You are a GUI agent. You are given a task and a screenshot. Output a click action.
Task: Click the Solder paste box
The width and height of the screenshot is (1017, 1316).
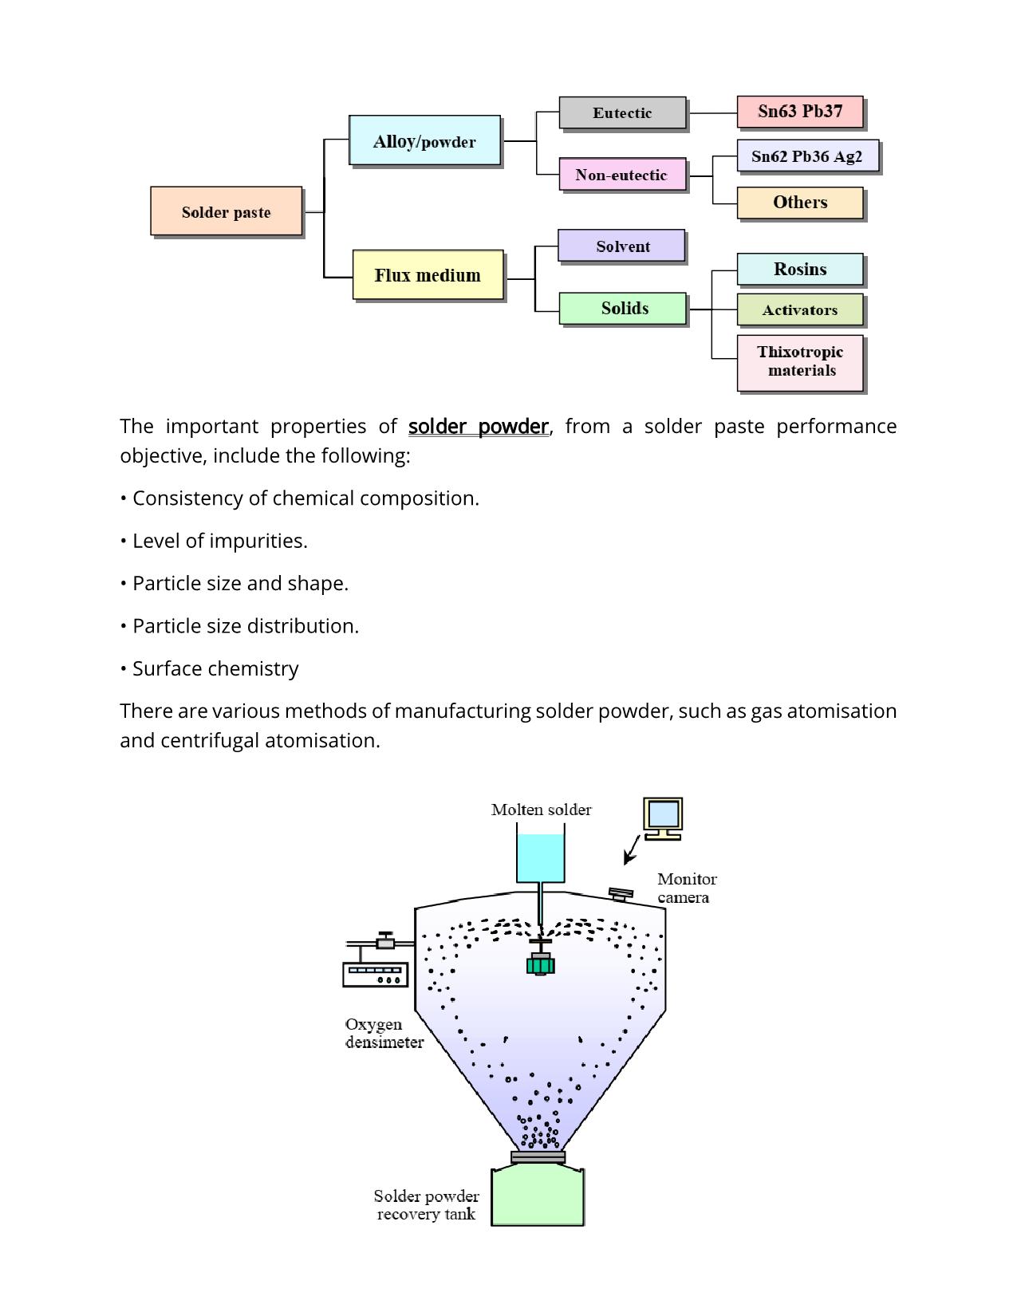tap(227, 211)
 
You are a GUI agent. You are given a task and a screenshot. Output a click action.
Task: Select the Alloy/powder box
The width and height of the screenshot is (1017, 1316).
tap(424, 140)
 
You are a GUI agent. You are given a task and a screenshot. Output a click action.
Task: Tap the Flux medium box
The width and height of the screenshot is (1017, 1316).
tap(428, 275)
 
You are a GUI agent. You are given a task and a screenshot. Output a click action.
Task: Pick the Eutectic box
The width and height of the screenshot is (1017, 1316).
tap(622, 112)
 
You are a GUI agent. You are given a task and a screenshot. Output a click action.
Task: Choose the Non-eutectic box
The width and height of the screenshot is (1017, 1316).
tap(622, 174)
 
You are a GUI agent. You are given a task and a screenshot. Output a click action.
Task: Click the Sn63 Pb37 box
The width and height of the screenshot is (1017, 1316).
tap(799, 112)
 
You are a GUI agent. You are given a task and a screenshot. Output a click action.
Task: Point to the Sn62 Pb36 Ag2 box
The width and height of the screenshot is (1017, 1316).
tap(807, 156)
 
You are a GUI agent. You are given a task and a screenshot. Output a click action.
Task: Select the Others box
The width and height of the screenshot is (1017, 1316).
tap(800, 203)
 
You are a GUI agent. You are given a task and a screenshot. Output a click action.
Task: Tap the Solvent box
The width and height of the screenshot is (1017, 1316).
tap(622, 246)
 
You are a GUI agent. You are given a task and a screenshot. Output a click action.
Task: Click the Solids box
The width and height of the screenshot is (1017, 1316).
tap(623, 309)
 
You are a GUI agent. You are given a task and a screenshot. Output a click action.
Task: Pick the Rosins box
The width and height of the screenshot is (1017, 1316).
tap(800, 270)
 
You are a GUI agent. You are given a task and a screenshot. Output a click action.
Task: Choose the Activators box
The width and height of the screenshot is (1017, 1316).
tap(800, 310)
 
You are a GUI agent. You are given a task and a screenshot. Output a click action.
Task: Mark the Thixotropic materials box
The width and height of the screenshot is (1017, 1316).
tap(800, 361)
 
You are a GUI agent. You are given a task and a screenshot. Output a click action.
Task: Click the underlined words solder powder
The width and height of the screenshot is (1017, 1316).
tap(479, 427)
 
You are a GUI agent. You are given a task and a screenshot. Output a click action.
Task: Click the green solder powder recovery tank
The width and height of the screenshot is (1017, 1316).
tap(537, 1196)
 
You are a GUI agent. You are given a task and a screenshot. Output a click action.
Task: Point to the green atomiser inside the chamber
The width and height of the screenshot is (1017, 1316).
tap(540, 964)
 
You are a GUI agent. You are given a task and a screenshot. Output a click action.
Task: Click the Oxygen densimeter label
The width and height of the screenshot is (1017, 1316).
tap(384, 1034)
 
